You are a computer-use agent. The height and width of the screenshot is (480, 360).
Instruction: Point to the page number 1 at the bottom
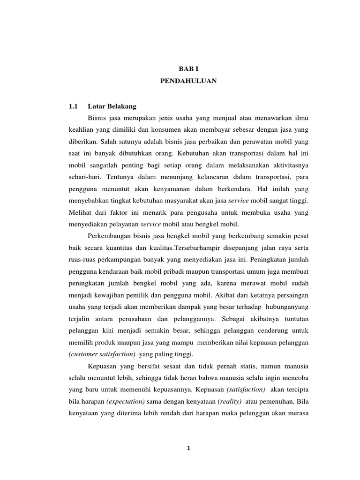(x=188, y=448)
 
